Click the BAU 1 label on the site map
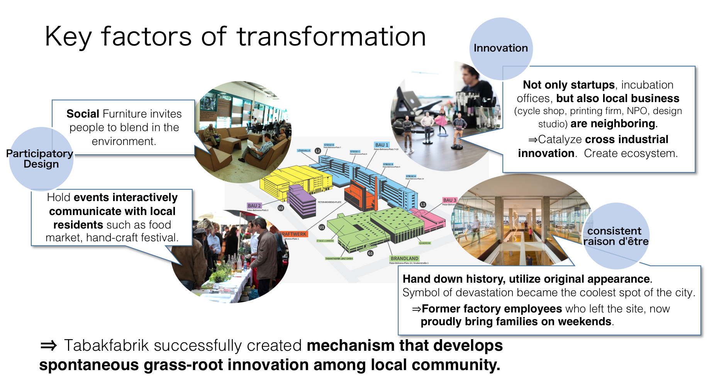click(381, 145)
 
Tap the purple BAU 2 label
click(254, 206)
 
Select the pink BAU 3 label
click(449, 200)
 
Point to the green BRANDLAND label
click(404, 258)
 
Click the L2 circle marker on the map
click(318, 151)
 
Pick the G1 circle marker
click(370, 253)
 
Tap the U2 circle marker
click(281, 208)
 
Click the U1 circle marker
click(322, 227)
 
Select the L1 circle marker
click(423, 204)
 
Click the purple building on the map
click(302, 201)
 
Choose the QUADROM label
click(425, 243)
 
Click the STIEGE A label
click(411, 176)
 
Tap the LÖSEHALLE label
click(304, 150)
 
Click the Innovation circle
click(501, 48)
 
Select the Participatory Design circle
click(41, 159)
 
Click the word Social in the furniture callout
click(83, 114)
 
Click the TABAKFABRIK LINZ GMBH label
click(339, 258)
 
